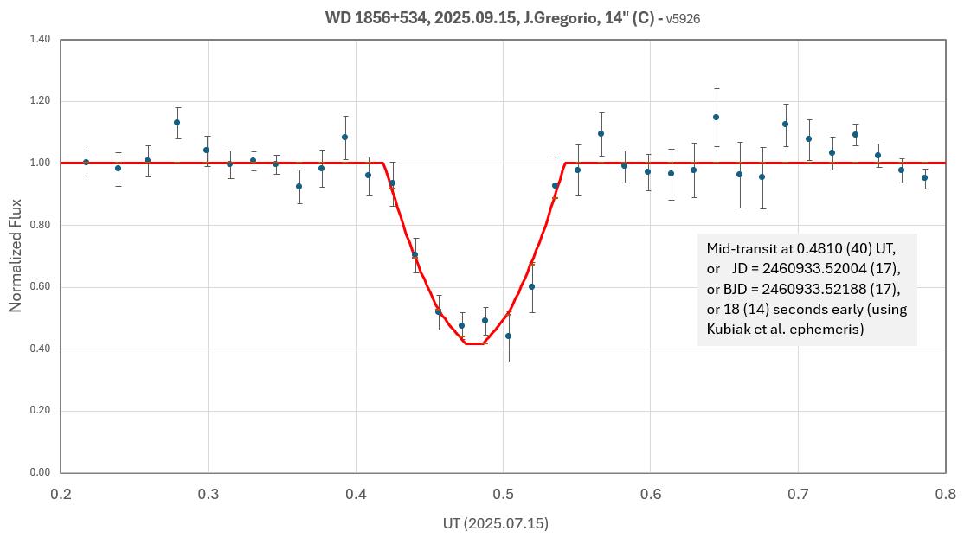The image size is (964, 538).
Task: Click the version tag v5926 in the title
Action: [683, 18]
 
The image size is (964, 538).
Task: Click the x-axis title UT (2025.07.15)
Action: [494, 523]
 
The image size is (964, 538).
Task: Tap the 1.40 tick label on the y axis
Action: [39, 40]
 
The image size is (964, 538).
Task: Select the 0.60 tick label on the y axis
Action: [39, 287]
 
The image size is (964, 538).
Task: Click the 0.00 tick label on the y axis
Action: [39, 473]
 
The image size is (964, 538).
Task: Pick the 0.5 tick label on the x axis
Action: [503, 494]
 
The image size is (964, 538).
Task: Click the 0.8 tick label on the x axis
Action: [945, 494]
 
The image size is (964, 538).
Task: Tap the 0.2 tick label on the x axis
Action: [61, 494]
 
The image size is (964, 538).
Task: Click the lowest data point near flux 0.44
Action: [508, 336]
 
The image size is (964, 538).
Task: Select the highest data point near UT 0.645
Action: [716, 117]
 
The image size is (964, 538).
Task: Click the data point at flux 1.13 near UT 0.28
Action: [177, 122]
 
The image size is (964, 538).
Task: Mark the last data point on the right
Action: [924, 178]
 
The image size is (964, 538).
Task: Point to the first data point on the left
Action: [86, 162]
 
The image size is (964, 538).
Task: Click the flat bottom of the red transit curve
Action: [474, 343]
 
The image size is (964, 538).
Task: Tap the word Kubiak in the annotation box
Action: [730, 329]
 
